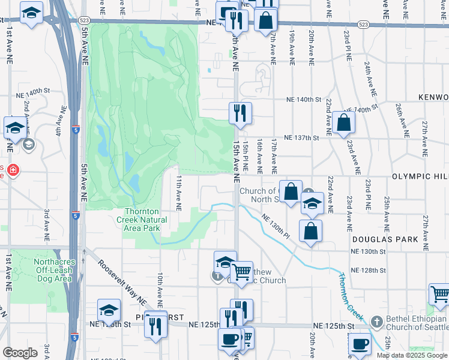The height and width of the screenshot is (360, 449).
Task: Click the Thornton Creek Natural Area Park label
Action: coord(142,220)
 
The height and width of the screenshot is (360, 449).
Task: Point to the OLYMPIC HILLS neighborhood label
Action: coord(420,177)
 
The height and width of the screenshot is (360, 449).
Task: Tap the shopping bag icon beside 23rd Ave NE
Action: coord(345,122)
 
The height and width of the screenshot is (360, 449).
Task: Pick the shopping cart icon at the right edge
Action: coord(440,294)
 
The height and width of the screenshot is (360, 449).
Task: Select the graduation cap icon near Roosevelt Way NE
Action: coord(109,309)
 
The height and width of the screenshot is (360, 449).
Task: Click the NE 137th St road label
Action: coord(301,138)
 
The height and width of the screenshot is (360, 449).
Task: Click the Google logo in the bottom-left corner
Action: coord(20,353)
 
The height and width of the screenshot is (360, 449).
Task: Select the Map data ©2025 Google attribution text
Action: coord(412,355)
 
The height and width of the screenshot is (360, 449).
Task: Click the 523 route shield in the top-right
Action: coord(363,25)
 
